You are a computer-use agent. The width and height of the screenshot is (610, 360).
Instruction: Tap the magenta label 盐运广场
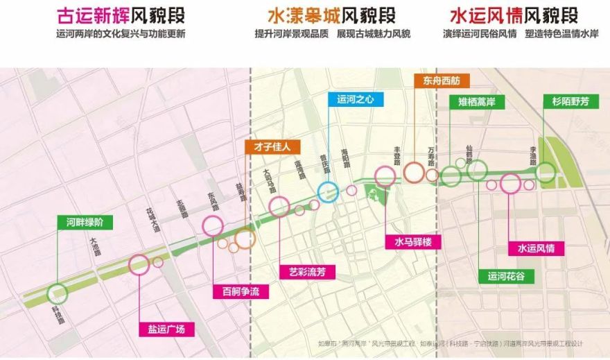click(166, 329)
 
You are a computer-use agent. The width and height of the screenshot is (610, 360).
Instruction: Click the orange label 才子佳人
click(272, 147)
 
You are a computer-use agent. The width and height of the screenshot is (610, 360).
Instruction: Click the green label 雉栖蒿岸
click(477, 102)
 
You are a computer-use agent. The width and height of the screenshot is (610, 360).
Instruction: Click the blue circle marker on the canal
click(328, 191)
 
